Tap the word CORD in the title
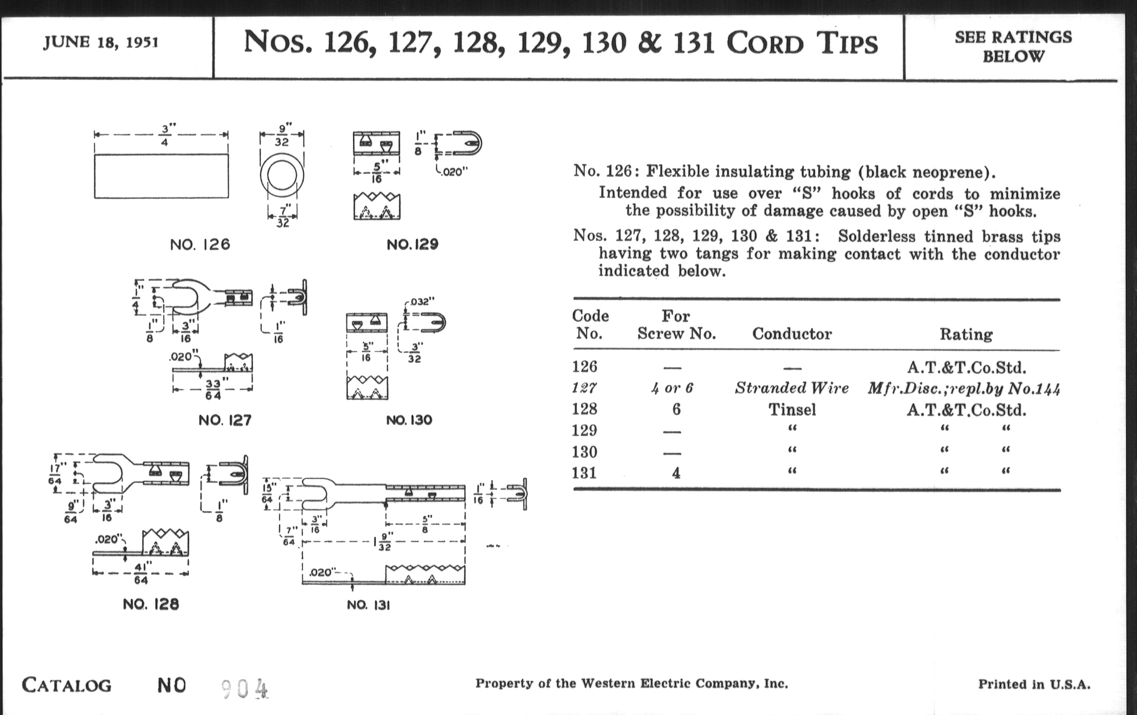pos(764,44)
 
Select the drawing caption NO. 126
pos(200,244)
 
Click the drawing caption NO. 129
pos(412,244)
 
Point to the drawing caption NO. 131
pos(368,605)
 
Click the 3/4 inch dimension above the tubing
pos(164,135)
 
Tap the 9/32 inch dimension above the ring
pos(282,135)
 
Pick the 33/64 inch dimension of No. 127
pos(213,389)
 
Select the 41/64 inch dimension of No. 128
pos(141,573)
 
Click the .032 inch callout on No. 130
pos(422,301)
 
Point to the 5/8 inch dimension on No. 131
pos(425,524)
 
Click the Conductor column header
pos(792,334)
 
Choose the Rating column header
pos(965,334)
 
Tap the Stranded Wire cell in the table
pos(792,388)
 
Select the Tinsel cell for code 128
pos(792,409)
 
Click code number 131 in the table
pos(584,473)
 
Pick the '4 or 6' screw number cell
pos(672,388)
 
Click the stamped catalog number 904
pos(245,689)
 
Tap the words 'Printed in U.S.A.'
pos(1034,684)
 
